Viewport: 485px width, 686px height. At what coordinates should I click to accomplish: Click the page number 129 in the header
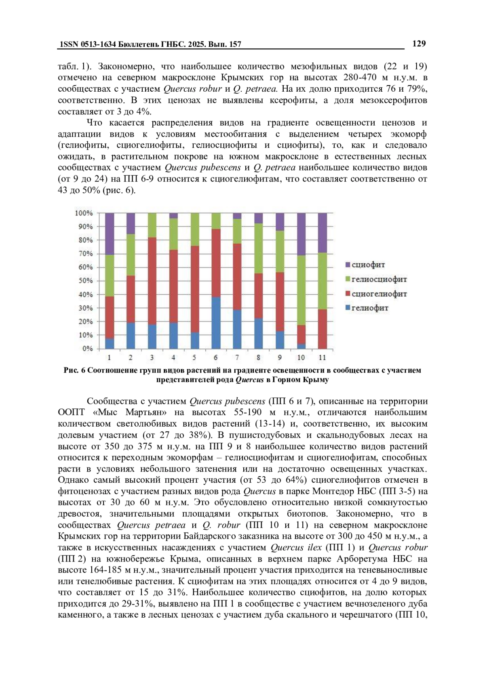point(419,44)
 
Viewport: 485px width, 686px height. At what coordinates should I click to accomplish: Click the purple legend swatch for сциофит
point(348,265)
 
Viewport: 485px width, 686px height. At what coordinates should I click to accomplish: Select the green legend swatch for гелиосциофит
point(348,280)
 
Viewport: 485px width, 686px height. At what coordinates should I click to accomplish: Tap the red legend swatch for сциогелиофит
point(348,294)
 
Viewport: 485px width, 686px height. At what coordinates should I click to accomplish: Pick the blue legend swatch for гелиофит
point(348,308)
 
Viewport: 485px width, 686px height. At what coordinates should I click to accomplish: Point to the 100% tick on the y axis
point(84,213)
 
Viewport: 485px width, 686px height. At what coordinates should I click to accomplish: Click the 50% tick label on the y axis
point(85,281)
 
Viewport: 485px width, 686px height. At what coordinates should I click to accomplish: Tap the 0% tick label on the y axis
point(87,348)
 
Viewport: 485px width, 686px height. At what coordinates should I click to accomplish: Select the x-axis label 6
point(216,358)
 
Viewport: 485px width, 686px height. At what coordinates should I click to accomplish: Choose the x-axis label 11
point(322,358)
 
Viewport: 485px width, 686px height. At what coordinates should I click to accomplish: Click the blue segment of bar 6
point(216,323)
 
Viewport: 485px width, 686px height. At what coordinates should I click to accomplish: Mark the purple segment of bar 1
point(110,234)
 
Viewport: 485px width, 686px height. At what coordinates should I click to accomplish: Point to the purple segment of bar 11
point(322,233)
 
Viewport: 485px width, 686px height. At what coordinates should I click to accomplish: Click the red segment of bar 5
point(195,289)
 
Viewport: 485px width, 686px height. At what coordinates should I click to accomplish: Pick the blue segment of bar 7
point(237,329)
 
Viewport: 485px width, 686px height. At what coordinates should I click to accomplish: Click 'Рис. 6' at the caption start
point(73,370)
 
